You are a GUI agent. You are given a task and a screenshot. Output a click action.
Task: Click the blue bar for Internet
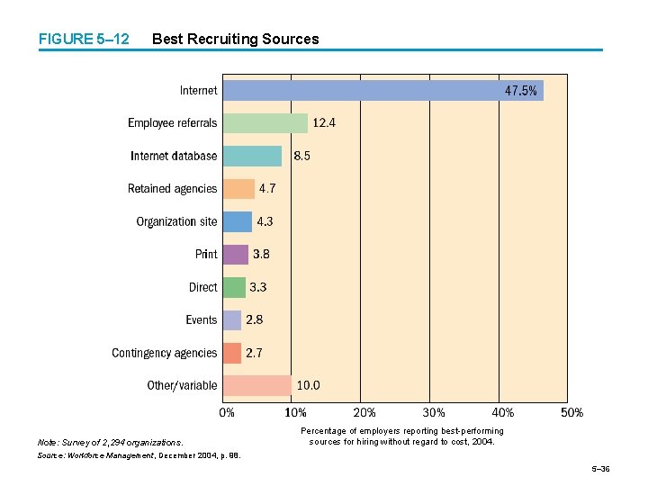(360, 90)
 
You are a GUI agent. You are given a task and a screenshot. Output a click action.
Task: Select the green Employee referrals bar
(265, 123)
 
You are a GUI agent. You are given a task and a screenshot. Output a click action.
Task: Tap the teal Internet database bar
(252, 156)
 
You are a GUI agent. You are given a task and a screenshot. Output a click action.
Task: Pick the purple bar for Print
(236, 255)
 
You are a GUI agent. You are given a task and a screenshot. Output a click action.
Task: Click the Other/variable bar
(256, 386)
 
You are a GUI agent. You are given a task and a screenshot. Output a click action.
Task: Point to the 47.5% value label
(521, 90)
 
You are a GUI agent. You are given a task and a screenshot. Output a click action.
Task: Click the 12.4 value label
(324, 123)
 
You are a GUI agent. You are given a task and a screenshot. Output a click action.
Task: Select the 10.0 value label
(309, 386)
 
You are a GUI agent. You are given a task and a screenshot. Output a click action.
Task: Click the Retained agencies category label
(172, 189)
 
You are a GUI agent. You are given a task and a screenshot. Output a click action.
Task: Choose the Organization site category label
(176, 221)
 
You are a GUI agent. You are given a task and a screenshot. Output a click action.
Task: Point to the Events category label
(201, 320)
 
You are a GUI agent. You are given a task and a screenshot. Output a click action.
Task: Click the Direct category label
(202, 287)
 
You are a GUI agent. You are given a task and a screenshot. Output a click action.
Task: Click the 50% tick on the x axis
(571, 413)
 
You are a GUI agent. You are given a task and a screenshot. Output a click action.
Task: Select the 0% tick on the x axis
(227, 413)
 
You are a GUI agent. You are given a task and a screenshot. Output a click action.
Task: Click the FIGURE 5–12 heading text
(83, 39)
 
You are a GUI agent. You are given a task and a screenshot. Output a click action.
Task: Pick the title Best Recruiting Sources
(236, 39)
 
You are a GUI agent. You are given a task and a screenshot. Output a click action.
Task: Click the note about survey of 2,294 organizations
(110, 442)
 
